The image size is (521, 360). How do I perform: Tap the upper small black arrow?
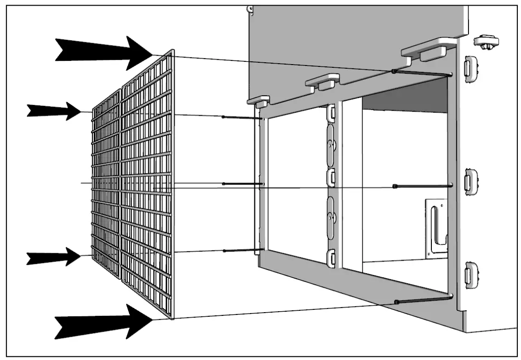coord(54,111)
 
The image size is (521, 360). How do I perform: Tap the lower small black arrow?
coord(54,256)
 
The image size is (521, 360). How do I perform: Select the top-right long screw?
coord(422,73)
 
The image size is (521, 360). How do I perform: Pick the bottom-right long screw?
coord(422,299)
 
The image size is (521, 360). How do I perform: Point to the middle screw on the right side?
coord(422,186)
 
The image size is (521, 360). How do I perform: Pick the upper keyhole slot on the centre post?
coord(331,146)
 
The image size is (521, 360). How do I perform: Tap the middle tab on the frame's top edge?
coord(322,81)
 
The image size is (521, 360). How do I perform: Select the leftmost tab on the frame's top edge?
coord(259,100)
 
